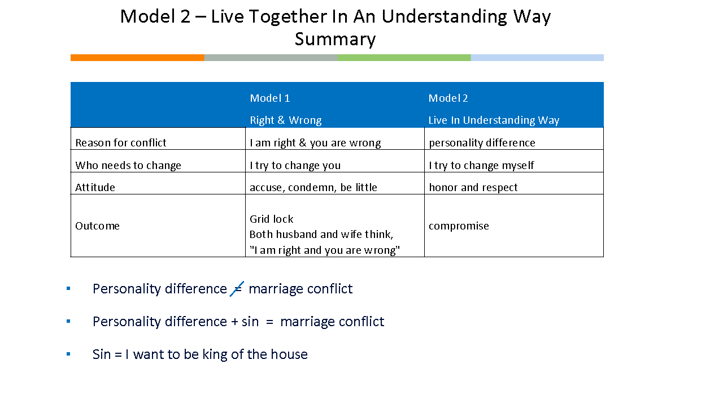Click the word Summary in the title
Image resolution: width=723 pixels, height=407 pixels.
click(x=335, y=40)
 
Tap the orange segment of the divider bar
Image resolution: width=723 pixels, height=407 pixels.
click(x=137, y=58)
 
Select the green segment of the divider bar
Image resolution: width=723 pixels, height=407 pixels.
click(x=404, y=58)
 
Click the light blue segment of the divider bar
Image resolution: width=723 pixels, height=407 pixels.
click(x=537, y=58)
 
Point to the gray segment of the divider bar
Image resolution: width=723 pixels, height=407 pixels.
click(x=271, y=58)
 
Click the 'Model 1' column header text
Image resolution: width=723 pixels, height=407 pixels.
click(x=270, y=98)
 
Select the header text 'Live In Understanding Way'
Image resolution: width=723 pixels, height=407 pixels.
click(x=494, y=120)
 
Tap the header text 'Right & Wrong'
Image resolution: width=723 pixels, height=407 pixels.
click(x=286, y=120)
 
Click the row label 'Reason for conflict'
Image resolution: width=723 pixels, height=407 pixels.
click(x=121, y=143)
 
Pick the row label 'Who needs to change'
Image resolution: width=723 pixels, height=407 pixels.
click(x=128, y=166)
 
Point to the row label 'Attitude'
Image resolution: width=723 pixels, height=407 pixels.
click(x=95, y=188)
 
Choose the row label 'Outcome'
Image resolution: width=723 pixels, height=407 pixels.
click(x=97, y=226)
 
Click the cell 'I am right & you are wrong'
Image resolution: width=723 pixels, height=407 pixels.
click(x=315, y=143)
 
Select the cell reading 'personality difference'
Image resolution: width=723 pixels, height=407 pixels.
click(x=482, y=143)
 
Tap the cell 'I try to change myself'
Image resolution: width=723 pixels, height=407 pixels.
click(x=481, y=166)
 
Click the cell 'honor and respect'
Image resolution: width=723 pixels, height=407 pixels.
click(x=473, y=188)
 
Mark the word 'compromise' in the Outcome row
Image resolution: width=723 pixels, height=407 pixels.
click(x=459, y=226)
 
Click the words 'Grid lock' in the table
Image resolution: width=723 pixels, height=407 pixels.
click(x=272, y=219)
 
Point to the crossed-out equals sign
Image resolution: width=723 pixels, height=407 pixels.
click(x=237, y=288)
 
